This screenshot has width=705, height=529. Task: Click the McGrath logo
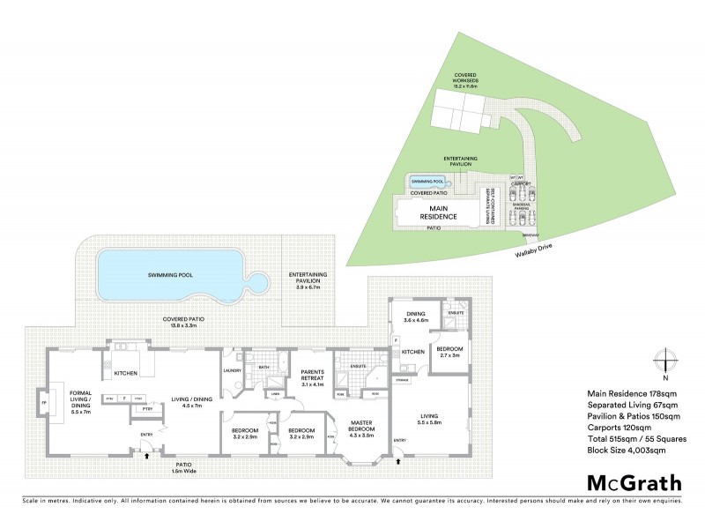tap(634, 482)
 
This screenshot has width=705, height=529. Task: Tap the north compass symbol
tap(664, 361)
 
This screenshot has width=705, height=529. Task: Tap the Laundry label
tap(232, 371)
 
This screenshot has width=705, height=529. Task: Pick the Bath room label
tap(264, 367)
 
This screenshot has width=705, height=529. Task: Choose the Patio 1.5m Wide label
tap(184, 466)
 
